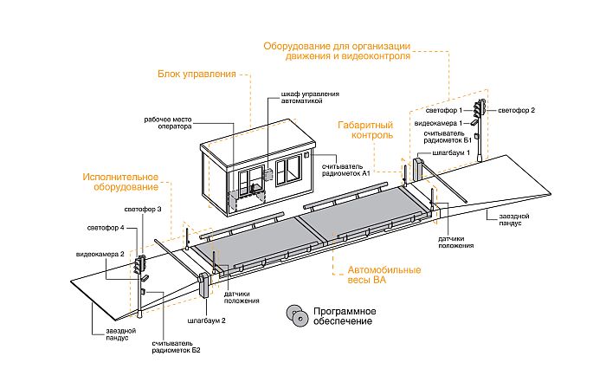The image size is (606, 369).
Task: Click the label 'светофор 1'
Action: pyautogui.click(x=443, y=111)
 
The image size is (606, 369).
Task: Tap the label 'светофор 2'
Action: pyautogui.click(x=516, y=111)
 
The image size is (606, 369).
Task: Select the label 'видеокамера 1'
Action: pyautogui.click(x=438, y=123)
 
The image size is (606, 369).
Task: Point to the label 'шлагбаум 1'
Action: pyautogui.click(x=451, y=152)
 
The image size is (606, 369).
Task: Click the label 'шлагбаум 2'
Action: pyautogui.click(x=206, y=320)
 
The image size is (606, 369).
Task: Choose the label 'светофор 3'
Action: pyautogui.click(x=143, y=210)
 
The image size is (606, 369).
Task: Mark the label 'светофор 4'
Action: pyautogui.click(x=106, y=228)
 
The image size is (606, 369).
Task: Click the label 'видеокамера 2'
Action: pyautogui.click(x=100, y=254)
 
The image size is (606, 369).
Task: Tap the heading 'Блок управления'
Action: pyautogui.click(x=197, y=74)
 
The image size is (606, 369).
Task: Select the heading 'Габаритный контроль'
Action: pyautogui.click(x=365, y=130)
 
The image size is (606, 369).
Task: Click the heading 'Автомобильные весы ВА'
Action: pyautogui.click(x=384, y=275)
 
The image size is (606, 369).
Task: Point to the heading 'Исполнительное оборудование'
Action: pyautogui.click(x=120, y=182)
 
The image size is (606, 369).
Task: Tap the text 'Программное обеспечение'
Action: pyautogui.click(x=345, y=316)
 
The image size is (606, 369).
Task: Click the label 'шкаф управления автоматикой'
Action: pyautogui.click(x=310, y=98)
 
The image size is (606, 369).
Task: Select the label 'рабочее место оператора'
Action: pyautogui.click(x=168, y=123)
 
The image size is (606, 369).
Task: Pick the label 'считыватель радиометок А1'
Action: pyautogui.click(x=346, y=170)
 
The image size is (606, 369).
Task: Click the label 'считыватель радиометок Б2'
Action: pyautogui.click(x=177, y=347)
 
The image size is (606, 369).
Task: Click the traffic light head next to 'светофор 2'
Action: pyautogui.click(x=480, y=108)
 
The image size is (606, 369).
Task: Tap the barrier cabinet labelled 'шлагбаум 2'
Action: pyautogui.click(x=203, y=286)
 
